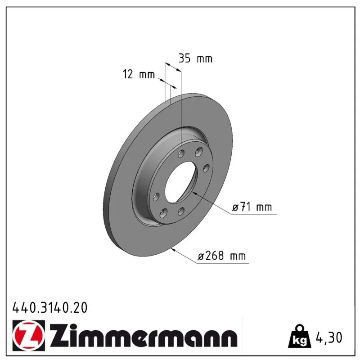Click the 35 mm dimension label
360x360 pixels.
click(x=195, y=58)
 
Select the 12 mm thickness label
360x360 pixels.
click(x=139, y=74)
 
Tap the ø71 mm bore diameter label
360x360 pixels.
click(x=252, y=207)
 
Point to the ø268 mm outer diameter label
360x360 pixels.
click(x=222, y=256)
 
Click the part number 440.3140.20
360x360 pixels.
click(x=50, y=308)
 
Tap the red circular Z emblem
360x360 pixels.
click(x=29, y=335)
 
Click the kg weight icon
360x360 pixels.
click(x=300, y=336)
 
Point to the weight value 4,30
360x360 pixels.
click(x=329, y=337)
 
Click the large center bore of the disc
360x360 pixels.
click(x=181, y=182)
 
